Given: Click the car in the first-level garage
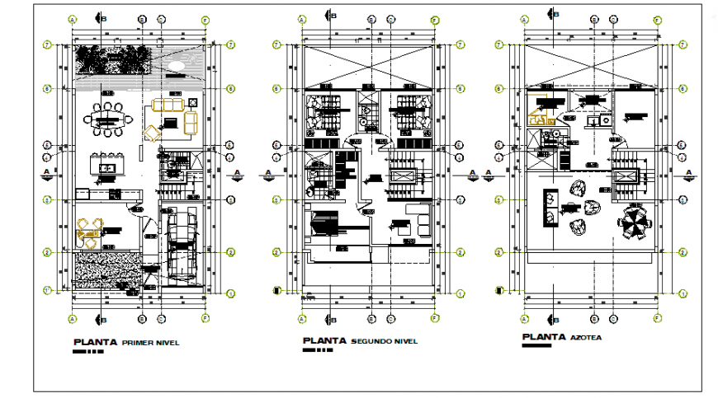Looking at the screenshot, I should coord(179,243).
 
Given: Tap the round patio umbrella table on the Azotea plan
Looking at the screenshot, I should coord(635,223).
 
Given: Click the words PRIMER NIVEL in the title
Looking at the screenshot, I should coord(150,342).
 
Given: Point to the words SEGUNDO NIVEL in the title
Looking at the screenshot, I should coord(384,341).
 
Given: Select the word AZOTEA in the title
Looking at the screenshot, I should coord(585,337).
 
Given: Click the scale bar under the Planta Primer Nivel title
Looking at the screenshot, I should coord(88,352).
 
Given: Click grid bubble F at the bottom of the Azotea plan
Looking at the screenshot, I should coord(658,317).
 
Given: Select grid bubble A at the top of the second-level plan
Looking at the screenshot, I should coord(302,18).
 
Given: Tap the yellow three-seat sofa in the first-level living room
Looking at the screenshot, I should coord(171,105).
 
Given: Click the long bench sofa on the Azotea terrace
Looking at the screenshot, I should coord(548,207).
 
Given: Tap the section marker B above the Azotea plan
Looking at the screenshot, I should coord(552,13).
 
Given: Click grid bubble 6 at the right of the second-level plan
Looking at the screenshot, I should coord(461,88).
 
